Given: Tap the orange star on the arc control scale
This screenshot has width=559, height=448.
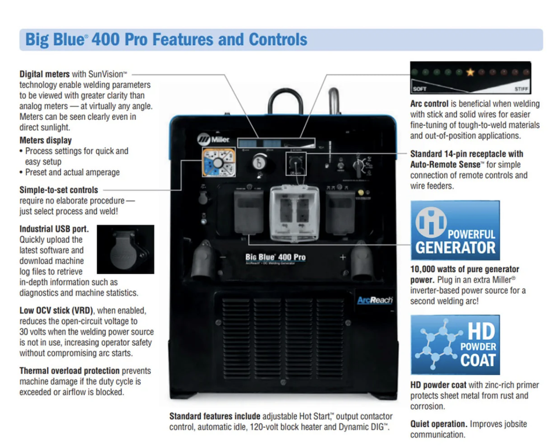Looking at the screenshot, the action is (470, 73).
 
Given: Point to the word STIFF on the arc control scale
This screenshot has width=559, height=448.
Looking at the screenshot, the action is (521, 89).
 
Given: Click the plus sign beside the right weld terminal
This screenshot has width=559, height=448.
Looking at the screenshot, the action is (342, 257).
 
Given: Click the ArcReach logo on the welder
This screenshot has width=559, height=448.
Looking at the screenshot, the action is (375, 300).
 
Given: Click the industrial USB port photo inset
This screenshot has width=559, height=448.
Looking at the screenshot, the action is (126, 249).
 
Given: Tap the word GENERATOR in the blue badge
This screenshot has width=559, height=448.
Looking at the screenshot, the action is (455, 248).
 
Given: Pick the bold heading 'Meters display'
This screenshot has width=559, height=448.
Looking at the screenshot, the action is (46, 140).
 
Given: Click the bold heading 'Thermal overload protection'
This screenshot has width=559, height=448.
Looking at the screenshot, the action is (69, 371).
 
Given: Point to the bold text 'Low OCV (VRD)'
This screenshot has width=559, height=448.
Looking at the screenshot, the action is (57, 310).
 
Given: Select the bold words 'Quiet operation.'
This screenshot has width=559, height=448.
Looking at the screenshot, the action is (438, 424).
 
